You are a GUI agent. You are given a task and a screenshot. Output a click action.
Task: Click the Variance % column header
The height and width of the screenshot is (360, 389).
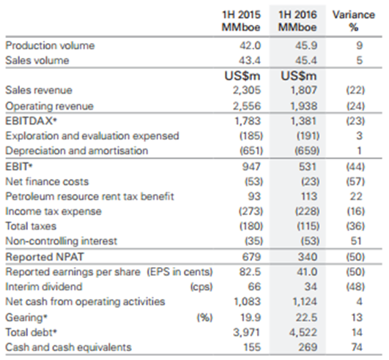[354, 20]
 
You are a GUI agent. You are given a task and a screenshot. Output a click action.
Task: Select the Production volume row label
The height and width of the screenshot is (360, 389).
[50, 45]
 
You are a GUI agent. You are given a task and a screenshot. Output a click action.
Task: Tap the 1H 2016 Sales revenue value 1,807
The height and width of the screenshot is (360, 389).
[304, 90]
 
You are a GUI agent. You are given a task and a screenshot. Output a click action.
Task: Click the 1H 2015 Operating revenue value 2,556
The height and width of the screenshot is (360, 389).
[247, 106]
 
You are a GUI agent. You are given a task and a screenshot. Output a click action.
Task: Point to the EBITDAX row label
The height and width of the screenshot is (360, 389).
[32, 121]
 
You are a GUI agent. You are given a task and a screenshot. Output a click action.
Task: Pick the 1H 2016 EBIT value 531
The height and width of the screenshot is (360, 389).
[308, 167]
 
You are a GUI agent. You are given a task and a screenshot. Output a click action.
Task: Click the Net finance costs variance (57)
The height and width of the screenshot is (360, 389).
[355, 181]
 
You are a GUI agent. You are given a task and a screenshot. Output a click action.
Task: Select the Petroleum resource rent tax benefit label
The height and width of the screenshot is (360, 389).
[89, 197]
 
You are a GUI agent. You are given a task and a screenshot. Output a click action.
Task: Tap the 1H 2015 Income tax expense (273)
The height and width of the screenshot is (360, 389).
[251, 211]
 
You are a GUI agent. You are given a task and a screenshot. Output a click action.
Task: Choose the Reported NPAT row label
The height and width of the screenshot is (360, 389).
[45, 257]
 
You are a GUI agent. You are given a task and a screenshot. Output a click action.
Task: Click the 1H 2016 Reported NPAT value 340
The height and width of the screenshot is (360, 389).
[308, 257]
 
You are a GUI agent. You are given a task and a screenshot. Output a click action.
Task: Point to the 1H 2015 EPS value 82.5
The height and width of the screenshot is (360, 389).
[250, 271]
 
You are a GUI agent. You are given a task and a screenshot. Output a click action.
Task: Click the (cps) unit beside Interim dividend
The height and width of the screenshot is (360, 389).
[201, 287]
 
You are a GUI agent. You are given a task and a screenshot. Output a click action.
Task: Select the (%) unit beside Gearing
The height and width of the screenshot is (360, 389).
[204, 318]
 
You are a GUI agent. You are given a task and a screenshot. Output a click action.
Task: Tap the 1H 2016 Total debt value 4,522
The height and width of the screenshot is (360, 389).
[303, 332]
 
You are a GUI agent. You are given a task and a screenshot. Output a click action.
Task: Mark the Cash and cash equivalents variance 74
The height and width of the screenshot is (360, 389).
[357, 348]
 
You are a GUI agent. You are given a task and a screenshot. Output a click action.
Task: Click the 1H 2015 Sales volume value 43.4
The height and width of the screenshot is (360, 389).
[250, 61]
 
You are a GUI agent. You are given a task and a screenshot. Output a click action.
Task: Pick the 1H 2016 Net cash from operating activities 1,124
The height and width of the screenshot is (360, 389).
[305, 301]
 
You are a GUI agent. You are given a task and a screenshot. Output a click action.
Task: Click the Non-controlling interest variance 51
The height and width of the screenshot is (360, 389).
[356, 241]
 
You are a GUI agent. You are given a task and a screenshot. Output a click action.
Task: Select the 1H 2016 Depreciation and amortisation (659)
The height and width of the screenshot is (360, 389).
[307, 151]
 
